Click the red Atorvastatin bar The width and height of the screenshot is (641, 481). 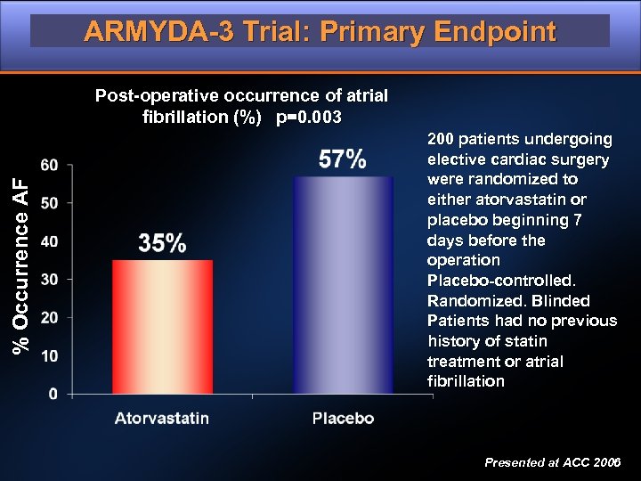(x=162, y=326)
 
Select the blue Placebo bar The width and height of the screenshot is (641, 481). (x=343, y=284)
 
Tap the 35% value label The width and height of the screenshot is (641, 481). (x=162, y=242)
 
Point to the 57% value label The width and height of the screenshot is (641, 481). (x=343, y=159)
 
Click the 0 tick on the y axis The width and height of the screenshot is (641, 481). (x=54, y=393)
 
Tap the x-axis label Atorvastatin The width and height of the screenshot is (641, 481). (x=162, y=418)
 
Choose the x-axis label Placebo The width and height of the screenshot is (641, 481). (x=343, y=418)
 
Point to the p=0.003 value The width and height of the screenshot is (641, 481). (x=309, y=118)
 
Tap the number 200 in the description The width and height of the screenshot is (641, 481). (x=442, y=139)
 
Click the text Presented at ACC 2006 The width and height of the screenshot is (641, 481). (x=553, y=463)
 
